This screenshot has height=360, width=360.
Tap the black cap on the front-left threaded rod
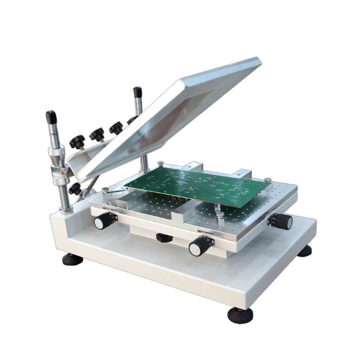click(x=50, y=118)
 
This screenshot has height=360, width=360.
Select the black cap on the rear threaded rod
click(x=137, y=93)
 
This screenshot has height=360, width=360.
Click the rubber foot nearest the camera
click(x=240, y=315)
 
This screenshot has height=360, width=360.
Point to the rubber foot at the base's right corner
click(x=304, y=251)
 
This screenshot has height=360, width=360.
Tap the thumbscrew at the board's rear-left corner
click(x=161, y=163)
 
